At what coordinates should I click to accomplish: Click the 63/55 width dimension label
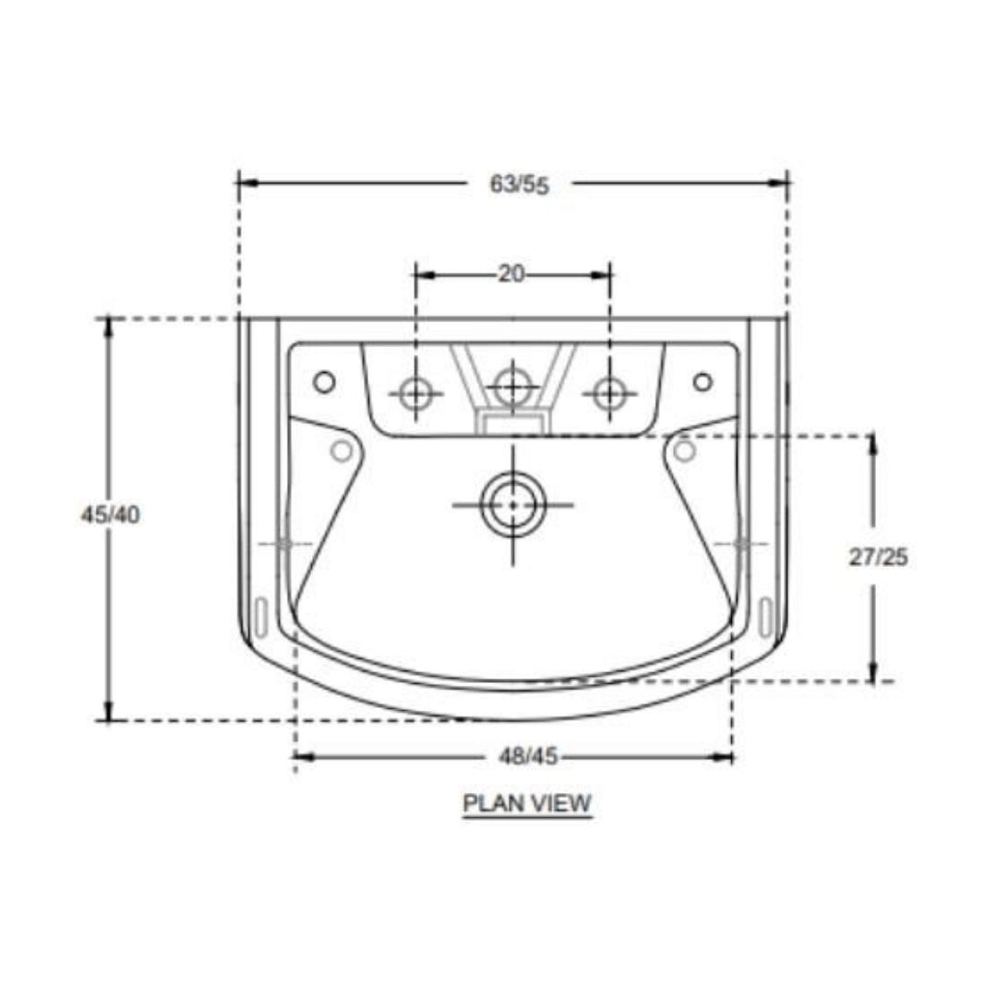pos(519,184)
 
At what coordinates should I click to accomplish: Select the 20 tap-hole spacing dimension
pos(511,273)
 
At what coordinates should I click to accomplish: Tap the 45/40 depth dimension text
pos(110,515)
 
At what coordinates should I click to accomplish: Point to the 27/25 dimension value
pos(878,557)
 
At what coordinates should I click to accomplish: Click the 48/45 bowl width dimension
pos(528,757)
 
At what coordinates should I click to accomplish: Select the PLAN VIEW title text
pos(526,803)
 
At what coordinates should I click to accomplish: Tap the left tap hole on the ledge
pos(415,394)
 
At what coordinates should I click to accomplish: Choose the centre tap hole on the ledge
pos(513,385)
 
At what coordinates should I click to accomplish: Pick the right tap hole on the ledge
pos(609,394)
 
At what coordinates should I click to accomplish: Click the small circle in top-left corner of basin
pos(324,380)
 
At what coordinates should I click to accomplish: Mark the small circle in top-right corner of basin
pos(703,380)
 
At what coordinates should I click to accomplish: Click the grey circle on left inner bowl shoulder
pos(342,450)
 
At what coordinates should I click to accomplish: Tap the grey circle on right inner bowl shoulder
pos(684,450)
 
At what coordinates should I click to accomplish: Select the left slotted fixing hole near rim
pos(259,617)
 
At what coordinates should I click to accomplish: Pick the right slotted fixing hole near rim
pos(765,617)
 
